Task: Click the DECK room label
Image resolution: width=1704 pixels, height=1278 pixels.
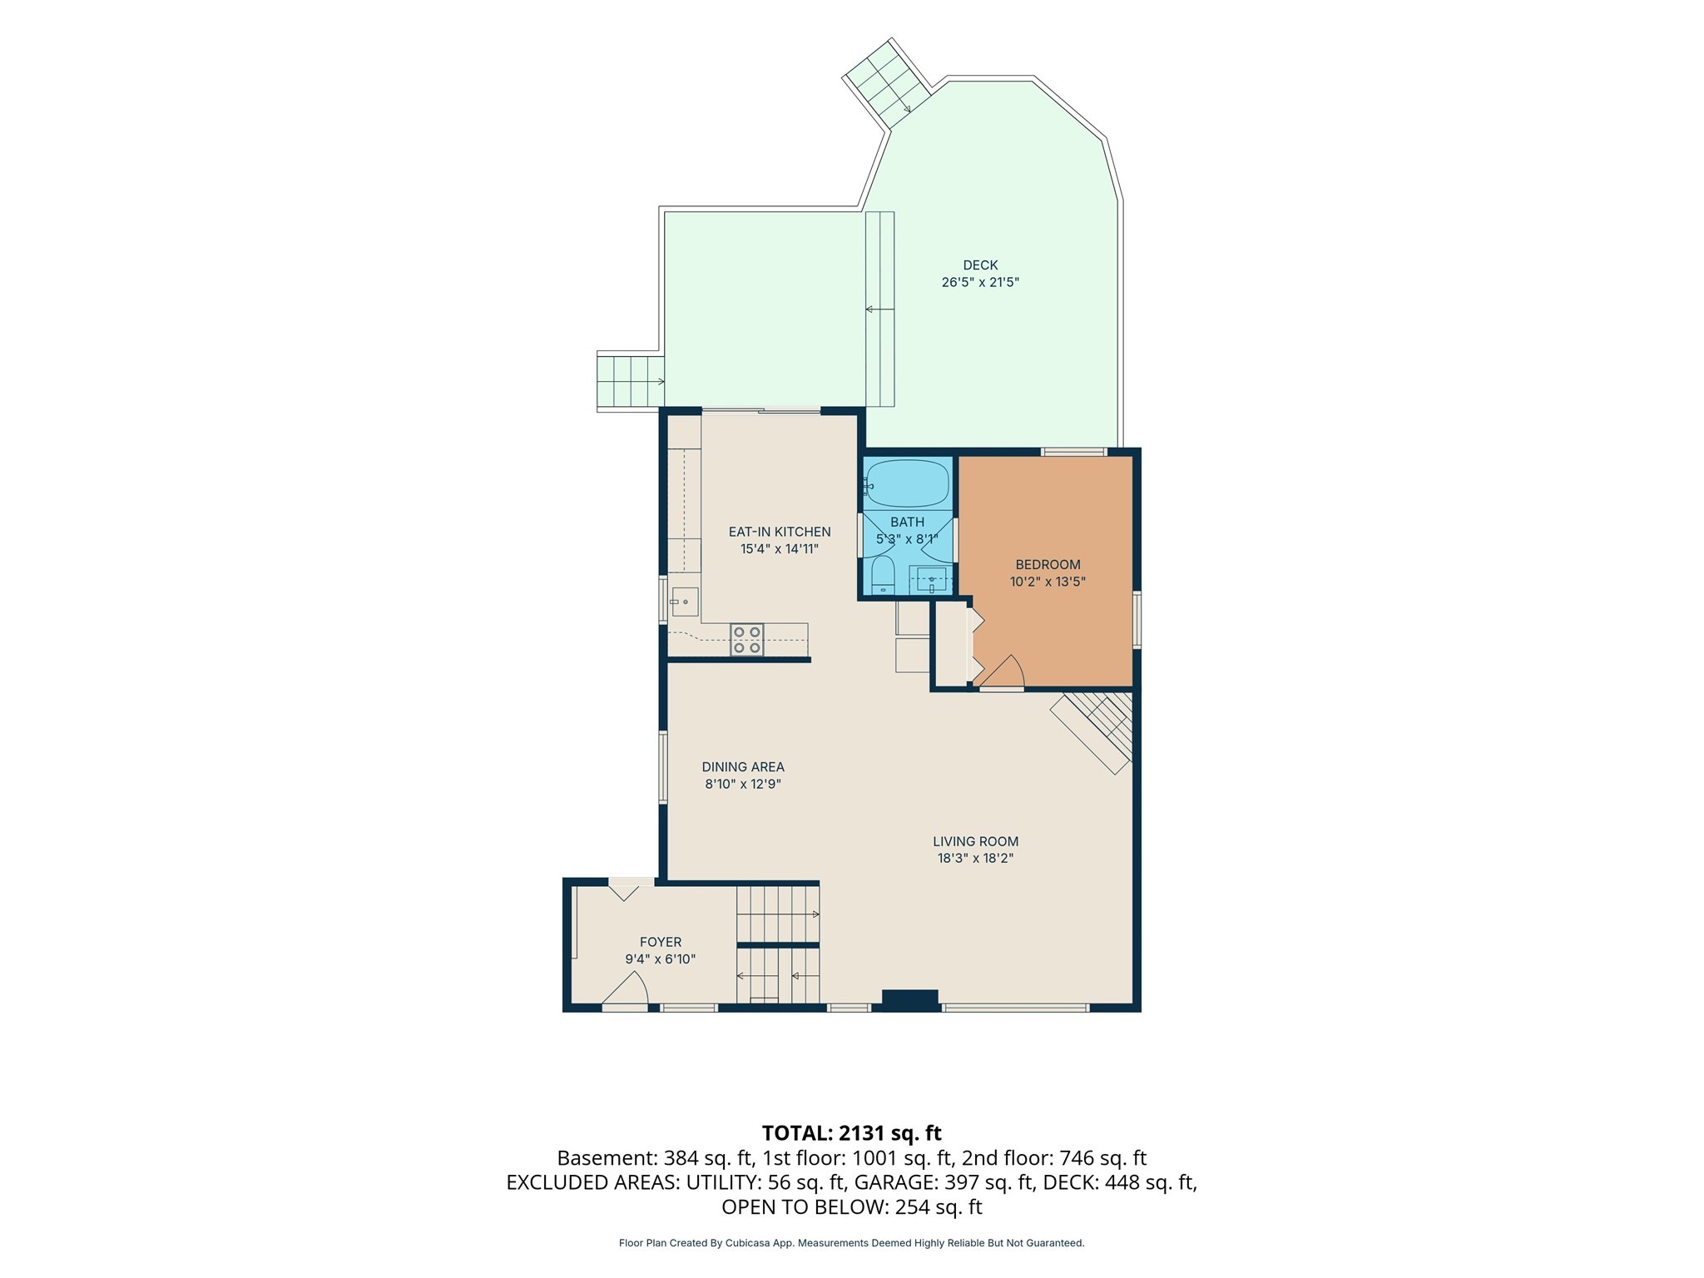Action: (x=980, y=265)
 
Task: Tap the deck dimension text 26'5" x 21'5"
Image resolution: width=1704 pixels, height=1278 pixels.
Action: (x=980, y=282)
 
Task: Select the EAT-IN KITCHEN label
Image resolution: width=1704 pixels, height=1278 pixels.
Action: (x=780, y=532)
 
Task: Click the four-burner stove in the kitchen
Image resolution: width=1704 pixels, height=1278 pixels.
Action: (x=747, y=640)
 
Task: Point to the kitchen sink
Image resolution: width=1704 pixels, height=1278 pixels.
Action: (x=685, y=601)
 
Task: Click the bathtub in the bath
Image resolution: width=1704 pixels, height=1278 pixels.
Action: (x=908, y=483)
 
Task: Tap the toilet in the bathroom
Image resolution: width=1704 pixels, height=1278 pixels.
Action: (x=882, y=576)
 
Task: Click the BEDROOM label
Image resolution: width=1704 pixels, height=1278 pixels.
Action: (x=1048, y=565)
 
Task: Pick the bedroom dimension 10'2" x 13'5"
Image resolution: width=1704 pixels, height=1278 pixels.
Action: (x=1048, y=582)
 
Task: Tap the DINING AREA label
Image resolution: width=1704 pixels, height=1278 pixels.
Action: (x=743, y=767)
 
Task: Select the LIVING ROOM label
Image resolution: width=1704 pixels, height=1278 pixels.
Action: (x=975, y=841)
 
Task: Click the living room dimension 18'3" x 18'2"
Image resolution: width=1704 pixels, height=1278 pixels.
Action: (x=975, y=858)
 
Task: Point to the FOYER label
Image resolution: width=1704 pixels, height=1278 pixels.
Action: (x=661, y=942)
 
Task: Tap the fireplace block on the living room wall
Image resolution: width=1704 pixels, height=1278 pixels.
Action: (x=910, y=1000)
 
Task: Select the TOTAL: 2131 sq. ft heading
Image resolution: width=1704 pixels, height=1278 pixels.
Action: (x=851, y=1132)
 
